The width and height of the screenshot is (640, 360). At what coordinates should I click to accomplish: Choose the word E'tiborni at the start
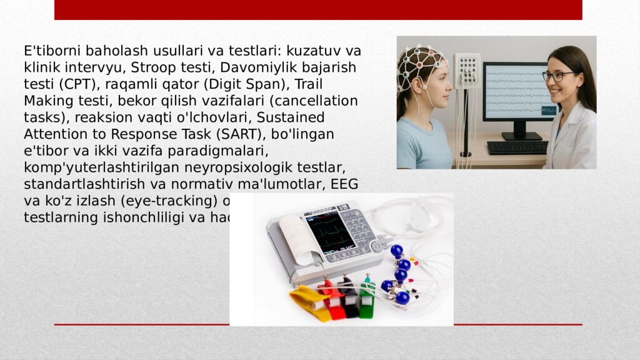(x=52, y=51)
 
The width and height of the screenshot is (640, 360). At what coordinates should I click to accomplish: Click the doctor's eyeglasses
(x=556, y=76)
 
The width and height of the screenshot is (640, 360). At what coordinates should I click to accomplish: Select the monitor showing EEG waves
(x=520, y=94)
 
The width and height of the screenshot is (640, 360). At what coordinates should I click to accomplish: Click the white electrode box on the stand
(x=467, y=70)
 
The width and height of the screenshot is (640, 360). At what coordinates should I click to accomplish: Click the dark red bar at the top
(x=318, y=9)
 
